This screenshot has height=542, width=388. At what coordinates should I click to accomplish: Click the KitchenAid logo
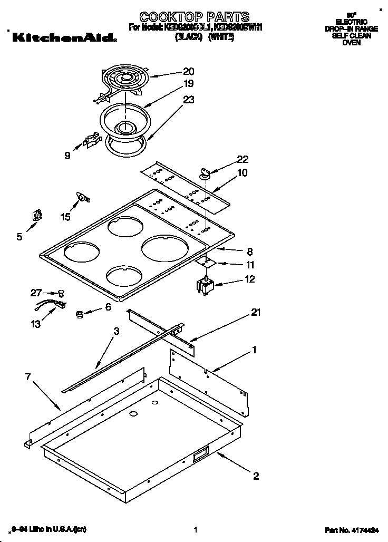(x=63, y=37)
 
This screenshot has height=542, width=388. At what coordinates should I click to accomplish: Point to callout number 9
(x=67, y=155)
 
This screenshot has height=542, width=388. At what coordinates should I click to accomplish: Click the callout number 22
(x=242, y=159)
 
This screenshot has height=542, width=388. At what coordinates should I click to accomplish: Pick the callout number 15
(x=65, y=216)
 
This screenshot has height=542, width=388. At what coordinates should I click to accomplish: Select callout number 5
(x=20, y=237)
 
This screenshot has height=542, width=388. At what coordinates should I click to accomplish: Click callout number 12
(x=249, y=279)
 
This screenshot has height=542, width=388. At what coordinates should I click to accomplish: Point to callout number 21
(x=256, y=313)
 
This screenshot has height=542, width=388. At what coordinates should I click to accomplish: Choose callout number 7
(x=28, y=376)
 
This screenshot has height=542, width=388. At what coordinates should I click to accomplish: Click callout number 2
(x=256, y=477)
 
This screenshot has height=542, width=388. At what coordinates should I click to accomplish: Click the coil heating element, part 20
(x=124, y=80)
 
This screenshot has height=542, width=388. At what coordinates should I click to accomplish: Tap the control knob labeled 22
(x=205, y=172)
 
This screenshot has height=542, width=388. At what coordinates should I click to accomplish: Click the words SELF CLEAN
(x=351, y=36)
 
